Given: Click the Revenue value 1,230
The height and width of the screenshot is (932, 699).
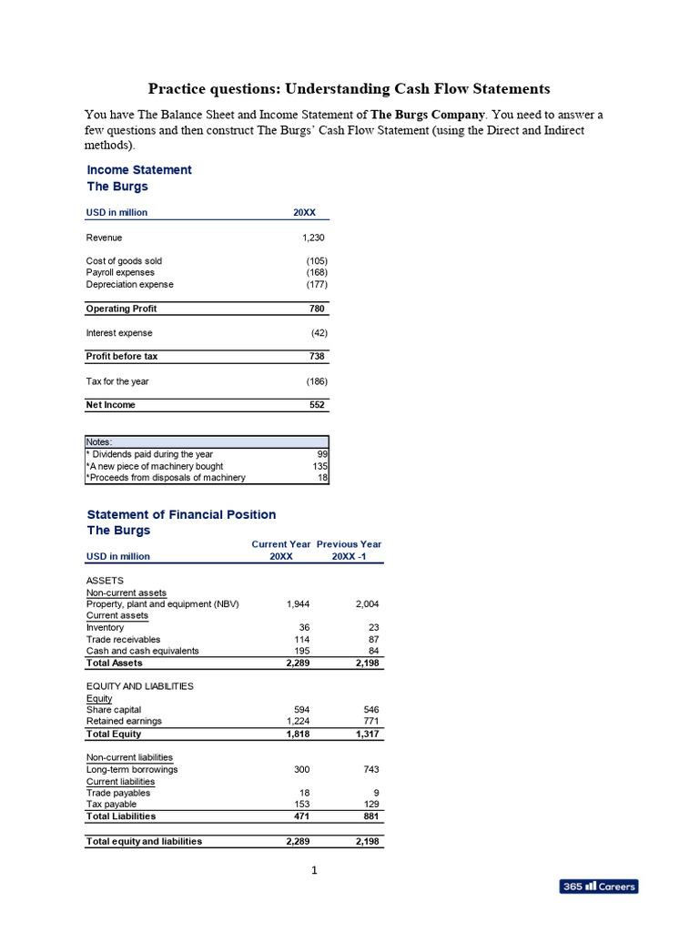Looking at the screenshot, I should (313, 238).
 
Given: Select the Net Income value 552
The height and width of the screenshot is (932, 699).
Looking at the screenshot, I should (318, 405).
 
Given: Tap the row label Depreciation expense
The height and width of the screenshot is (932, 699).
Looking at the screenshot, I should (129, 285).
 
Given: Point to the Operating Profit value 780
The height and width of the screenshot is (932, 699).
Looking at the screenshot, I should (318, 309).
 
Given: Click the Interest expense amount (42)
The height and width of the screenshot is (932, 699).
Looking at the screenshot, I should (317, 333).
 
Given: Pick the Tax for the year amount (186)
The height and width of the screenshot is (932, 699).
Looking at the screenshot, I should (316, 381).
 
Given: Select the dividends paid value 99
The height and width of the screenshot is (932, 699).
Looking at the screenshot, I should (321, 454).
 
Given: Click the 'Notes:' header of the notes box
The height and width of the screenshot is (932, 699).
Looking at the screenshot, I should (99, 441).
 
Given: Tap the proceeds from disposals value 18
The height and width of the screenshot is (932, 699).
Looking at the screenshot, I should (322, 478).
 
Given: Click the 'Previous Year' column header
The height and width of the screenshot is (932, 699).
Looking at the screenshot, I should (349, 544).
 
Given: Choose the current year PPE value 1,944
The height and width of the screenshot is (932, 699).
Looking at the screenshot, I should (298, 604).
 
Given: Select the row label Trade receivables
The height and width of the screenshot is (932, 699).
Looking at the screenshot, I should (124, 640).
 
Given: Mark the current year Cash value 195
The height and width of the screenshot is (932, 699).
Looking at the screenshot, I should (302, 652).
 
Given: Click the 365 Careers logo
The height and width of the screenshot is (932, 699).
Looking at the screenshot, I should (598, 886).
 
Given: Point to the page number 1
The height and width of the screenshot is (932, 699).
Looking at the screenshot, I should (314, 870).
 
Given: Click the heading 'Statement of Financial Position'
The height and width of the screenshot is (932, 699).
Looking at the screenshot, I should (181, 515).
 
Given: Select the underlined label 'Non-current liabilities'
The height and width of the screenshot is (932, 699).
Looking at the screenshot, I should (129, 757).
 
